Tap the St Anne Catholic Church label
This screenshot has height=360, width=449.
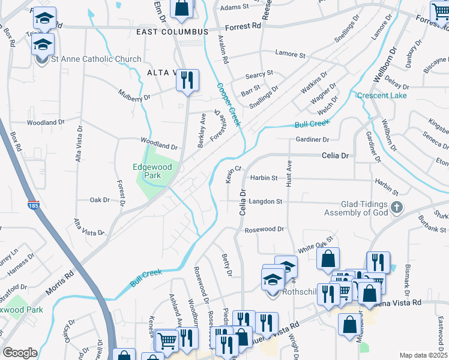96,59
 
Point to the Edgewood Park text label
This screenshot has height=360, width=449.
152,171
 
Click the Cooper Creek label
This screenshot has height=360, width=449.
229,104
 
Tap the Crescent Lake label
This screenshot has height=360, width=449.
382,96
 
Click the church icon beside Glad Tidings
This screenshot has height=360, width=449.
396,208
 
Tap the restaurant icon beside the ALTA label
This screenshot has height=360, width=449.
187,80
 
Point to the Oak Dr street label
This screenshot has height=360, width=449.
100,200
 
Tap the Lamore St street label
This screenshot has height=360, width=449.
291,54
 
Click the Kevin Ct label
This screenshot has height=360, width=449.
232,175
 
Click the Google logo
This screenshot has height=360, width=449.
20,353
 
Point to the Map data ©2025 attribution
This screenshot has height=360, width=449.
423,355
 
